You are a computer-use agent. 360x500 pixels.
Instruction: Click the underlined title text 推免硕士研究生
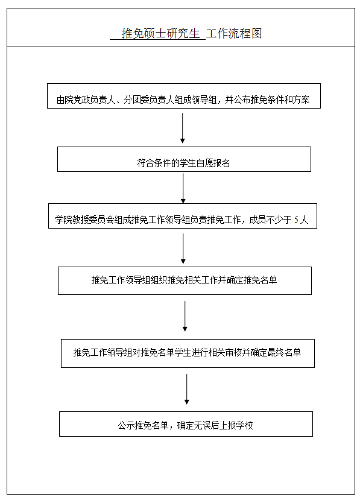tap(160, 34)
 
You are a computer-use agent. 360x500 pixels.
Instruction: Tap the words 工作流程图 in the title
tap(234, 34)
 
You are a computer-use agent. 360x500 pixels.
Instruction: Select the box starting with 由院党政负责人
tap(184, 96)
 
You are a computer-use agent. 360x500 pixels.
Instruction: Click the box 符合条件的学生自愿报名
tap(184, 159)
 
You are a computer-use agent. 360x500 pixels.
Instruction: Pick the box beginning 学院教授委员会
tap(182, 216)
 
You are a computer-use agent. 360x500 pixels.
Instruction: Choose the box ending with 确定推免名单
tap(185, 280)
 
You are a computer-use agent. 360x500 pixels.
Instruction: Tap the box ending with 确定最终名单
tap(188, 353)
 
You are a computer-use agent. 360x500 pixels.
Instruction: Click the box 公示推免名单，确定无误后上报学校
tap(186, 424)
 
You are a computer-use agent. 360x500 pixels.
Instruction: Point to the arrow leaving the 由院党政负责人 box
tap(182, 128)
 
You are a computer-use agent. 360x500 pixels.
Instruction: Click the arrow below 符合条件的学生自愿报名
tap(183, 188)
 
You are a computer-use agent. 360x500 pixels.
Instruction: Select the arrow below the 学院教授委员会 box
tap(183, 248)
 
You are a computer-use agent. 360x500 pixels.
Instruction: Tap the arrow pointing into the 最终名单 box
tap(185, 316)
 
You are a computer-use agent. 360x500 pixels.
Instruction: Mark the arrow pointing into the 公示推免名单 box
tap(187, 389)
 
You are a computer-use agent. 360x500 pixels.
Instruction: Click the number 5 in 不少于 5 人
tap(296, 220)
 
